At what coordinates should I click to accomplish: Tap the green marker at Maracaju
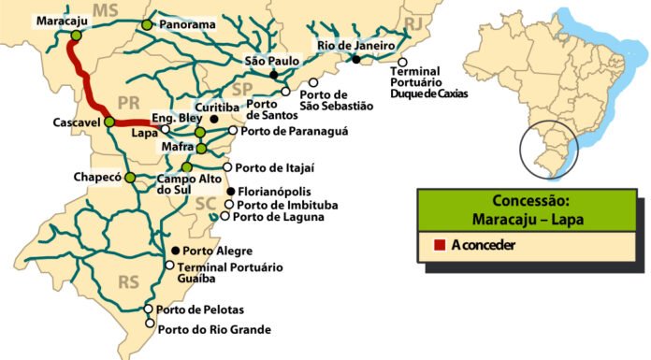(74, 36)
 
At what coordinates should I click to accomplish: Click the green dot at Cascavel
(108, 122)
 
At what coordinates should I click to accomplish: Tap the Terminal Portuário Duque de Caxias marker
(403, 62)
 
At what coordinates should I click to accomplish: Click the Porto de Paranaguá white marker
(233, 131)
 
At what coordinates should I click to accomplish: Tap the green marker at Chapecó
(129, 177)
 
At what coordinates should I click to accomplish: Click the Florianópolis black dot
(231, 192)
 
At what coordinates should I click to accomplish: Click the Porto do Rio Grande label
(214, 329)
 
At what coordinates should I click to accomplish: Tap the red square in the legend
(440, 246)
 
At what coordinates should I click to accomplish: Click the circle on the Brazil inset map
(549, 149)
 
